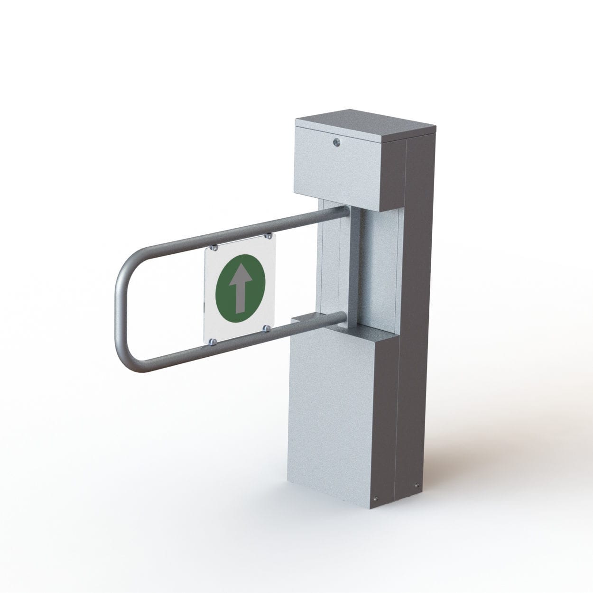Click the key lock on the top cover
[x=336, y=141]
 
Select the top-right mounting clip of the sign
[x=268, y=235]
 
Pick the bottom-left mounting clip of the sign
[x=214, y=341]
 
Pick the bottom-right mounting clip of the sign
[x=268, y=328]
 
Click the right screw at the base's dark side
[x=417, y=485]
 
